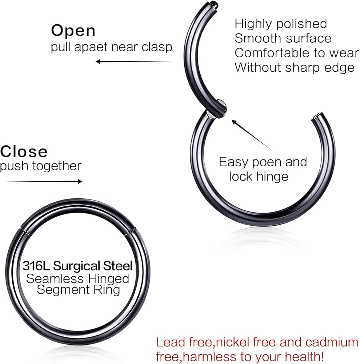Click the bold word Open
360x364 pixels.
click(x=73, y=31)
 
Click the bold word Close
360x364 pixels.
click(x=24, y=151)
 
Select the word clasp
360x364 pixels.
click(x=157, y=47)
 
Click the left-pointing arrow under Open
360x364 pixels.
click(x=134, y=62)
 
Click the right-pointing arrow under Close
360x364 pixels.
click(x=44, y=181)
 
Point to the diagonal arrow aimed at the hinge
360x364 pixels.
click(x=252, y=135)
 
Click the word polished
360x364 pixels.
click(x=301, y=24)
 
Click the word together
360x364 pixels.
click(x=57, y=166)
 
